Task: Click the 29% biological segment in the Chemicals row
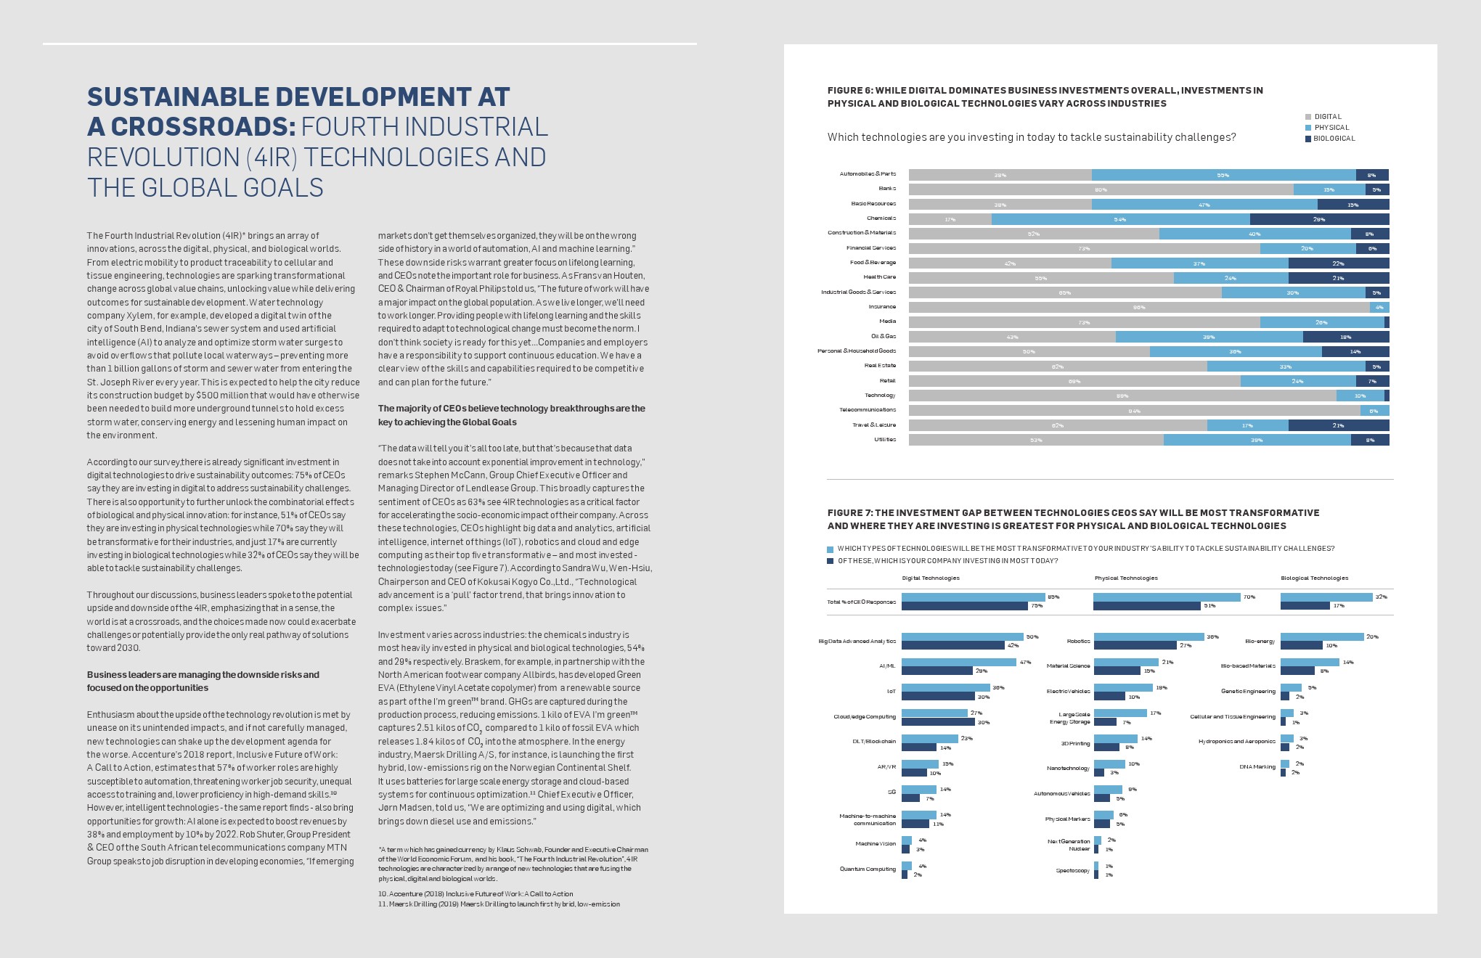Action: [x=1319, y=219]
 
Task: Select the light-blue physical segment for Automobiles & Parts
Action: [x=1223, y=175]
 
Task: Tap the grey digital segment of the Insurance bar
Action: [x=1138, y=307]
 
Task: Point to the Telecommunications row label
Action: [x=868, y=410]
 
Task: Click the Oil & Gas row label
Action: [x=884, y=336]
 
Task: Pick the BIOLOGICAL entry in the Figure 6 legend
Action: [x=1334, y=139]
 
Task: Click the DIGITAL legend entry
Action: [x=1328, y=117]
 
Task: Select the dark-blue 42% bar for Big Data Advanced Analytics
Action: [x=952, y=645]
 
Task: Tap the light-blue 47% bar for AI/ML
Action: [x=958, y=663]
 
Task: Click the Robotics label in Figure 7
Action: [x=1078, y=642]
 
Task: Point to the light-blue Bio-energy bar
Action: [x=1322, y=637]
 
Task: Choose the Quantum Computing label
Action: [x=868, y=869]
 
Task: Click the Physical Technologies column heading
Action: [x=1126, y=578]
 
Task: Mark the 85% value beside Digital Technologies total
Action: [x=1053, y=597]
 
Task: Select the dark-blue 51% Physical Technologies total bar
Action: [x=1146, y=606]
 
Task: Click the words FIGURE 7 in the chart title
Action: [x=849, y=513]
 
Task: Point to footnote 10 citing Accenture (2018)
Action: [x=476, y=894]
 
